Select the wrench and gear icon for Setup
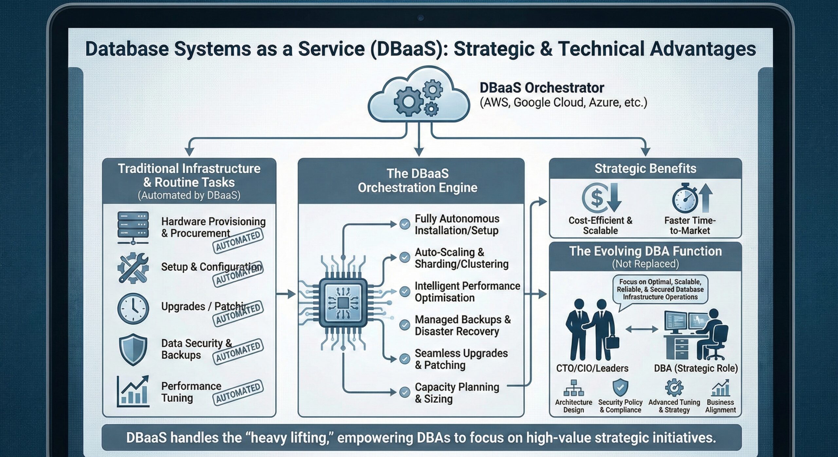click(x=133, y=268)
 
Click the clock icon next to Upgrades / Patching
click(x=133, y=308)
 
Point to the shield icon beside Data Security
click(x=133, y=349)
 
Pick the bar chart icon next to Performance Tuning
click(x=133, y=392)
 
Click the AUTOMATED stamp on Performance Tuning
click(x=238, y=393)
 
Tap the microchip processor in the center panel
click(x=343, y=303)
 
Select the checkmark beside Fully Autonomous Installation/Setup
click(x=405, y=224)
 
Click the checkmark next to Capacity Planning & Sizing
click(x=405, y=392)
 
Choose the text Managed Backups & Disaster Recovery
click(x=462, y=325)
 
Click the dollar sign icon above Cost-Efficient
click(x=597, y=198)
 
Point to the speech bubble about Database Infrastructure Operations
click(x=660, y=289)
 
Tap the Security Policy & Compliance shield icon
click(x=620, y=388)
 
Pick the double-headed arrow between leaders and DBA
click(x=642, y=329)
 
